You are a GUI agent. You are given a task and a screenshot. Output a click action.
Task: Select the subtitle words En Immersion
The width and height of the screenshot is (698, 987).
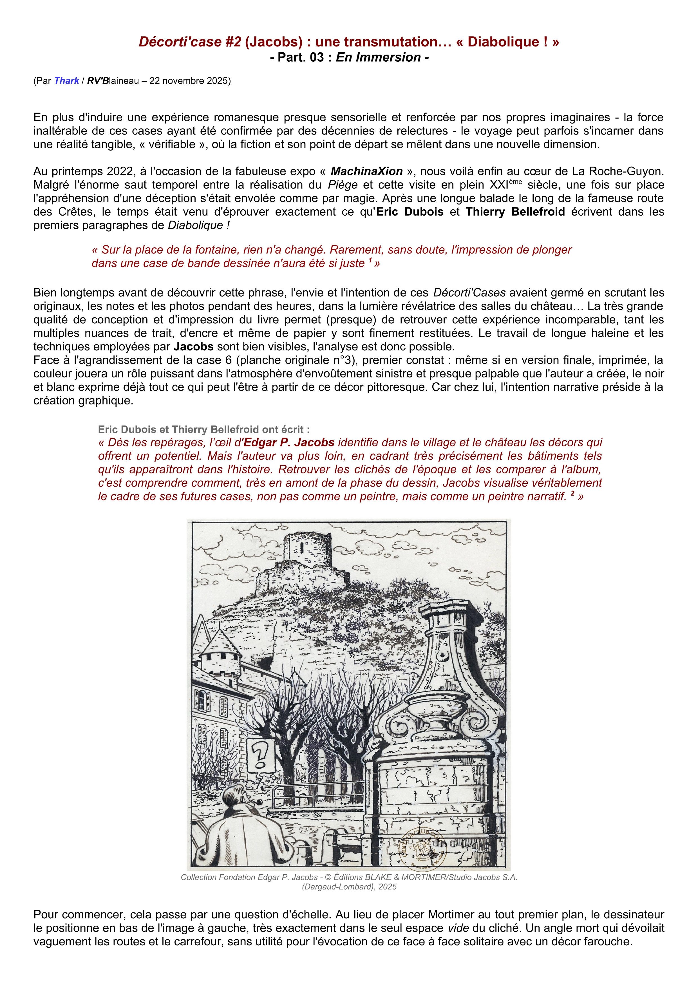[378, 57]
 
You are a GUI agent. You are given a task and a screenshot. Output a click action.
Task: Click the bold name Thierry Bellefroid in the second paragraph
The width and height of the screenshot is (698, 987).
[515, 212]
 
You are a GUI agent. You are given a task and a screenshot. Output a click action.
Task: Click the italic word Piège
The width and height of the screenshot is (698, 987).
[343, 185]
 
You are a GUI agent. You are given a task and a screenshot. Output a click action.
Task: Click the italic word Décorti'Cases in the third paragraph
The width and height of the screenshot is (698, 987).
[469, 293]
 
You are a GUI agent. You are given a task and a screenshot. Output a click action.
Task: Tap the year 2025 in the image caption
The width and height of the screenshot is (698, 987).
[387, 887]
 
